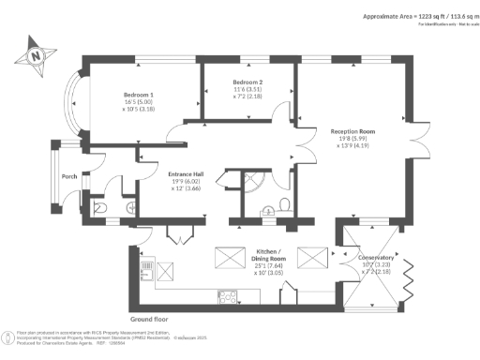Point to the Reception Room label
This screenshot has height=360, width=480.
354,132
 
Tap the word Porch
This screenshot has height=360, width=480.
68,175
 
